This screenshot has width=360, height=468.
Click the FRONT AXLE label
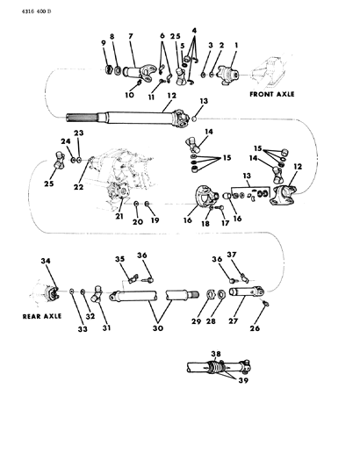[272, 94]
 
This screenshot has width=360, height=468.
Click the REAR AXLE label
[42, 316]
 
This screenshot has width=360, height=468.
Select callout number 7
[131, 36]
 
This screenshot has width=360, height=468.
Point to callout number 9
[104, 43]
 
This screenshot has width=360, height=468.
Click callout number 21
[119, 216]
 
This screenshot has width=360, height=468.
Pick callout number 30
[158, 328]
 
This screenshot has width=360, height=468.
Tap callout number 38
[216, 354]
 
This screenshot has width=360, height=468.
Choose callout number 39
[243, 380]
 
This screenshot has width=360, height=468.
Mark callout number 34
[46, 261]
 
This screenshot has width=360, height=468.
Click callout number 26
[255, 328]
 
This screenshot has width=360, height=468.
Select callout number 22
[79, 187]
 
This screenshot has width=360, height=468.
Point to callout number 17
[225, 223]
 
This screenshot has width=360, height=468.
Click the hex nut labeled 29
[211, 295]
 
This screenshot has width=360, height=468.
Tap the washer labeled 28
[221, 294]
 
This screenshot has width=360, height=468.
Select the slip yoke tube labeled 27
[247, 292]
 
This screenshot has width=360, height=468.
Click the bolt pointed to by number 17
[220, 207]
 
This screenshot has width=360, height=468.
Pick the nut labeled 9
[109, 70]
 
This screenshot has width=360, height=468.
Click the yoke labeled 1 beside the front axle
[229, 75]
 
